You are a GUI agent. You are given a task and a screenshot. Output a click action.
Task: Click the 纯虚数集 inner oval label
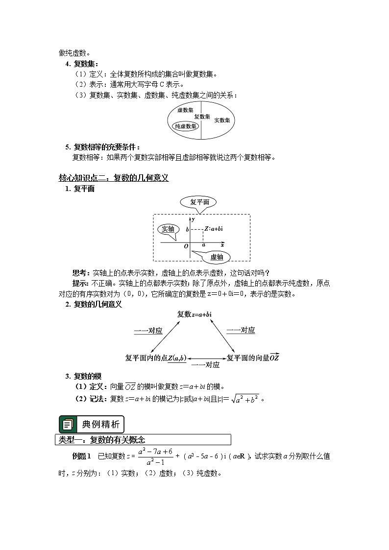186,126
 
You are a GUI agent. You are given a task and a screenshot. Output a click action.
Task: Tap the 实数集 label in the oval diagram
222,120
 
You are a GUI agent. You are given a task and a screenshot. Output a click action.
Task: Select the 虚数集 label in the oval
185,111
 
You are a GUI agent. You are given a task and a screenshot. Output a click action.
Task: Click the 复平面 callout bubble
198,202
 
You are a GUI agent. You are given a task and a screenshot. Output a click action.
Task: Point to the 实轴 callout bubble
168,229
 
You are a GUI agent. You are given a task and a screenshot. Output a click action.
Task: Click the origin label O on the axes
186,246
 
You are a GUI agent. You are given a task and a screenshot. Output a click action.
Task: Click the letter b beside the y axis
187,229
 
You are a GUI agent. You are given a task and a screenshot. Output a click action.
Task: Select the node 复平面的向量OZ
253,358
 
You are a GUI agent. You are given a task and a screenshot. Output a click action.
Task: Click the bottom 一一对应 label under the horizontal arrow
205,365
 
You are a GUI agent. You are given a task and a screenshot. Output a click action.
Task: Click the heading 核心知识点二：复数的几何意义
114,178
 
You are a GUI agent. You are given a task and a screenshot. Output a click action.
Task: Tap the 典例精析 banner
92,424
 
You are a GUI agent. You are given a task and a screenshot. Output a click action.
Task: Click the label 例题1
82,456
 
